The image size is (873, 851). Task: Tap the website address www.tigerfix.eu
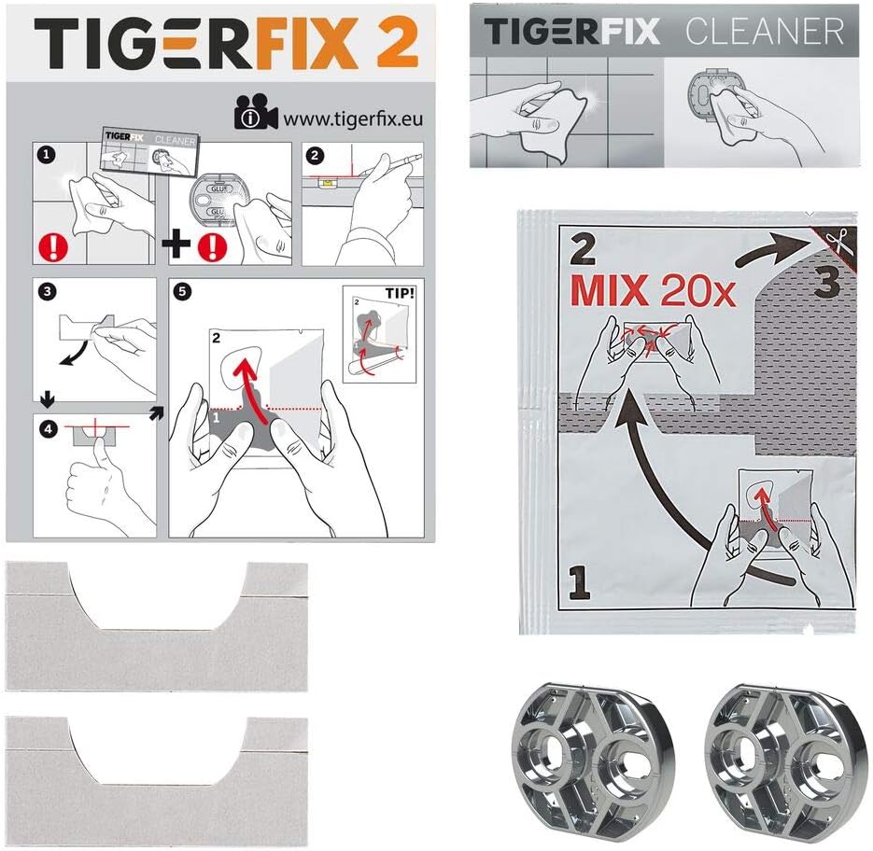click(x=353, y=119)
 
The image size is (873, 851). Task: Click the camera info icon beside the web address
click(x=256, y=112)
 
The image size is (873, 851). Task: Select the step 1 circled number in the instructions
click(x=46, y=154)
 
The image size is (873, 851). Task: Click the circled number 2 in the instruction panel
click(x=316, y=155)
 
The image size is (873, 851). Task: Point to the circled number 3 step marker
click(x=48, y=291)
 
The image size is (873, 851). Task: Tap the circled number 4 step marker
click(x=49, y=428)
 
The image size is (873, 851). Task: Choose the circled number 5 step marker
click(x=182, y=292)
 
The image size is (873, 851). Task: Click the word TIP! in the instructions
click(x=400, y=293)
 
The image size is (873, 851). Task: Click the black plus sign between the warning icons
click(x=176, y=244)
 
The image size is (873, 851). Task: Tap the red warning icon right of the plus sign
click(x=213, y=246)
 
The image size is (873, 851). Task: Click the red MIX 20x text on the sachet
click(x=653, y=290)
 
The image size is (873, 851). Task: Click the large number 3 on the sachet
click(x=826, y=281)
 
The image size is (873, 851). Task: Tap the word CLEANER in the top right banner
click(x=765, y=31)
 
